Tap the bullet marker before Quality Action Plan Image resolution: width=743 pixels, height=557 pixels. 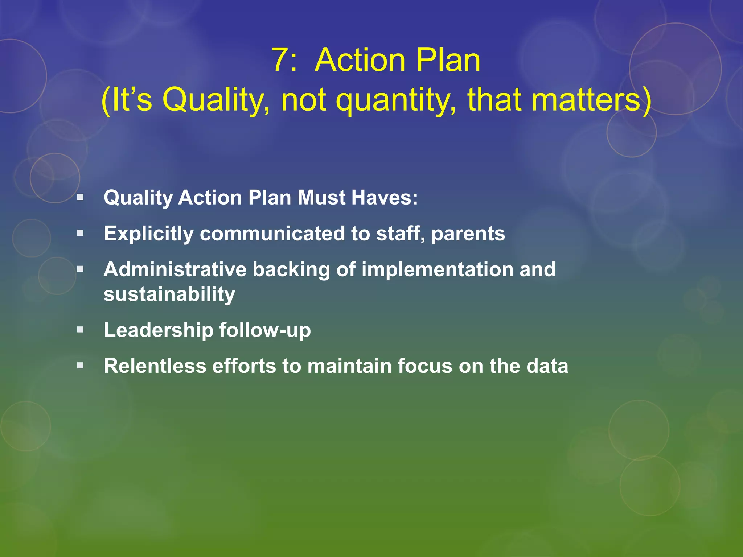(x=81, y=198)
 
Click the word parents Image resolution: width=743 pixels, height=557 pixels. (x=468, y=234)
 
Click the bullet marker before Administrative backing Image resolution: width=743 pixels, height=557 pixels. (x=81, y=269)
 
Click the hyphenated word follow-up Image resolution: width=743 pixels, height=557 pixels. (x=265, y=330)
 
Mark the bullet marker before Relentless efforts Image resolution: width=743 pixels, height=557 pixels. (x=81, y=366)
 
